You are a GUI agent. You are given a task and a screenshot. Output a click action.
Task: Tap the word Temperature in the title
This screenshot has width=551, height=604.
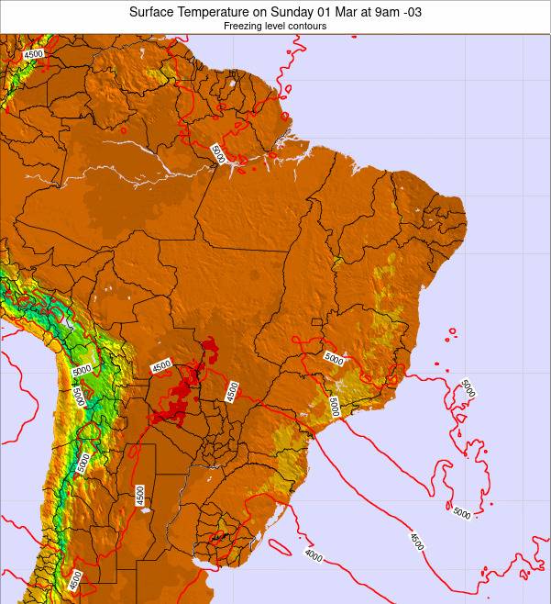[219, 13]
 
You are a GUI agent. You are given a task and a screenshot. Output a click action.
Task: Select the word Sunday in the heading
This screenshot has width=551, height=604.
[300, 13]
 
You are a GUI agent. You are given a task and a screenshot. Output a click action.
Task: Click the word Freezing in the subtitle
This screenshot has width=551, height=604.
[243, 27]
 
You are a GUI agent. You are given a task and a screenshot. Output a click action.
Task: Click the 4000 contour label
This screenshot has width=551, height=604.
[313, 554]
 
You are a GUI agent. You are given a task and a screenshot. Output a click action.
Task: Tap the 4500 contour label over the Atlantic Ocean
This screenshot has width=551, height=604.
[416, 542]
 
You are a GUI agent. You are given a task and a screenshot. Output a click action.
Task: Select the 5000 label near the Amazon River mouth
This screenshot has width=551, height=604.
[217, 154]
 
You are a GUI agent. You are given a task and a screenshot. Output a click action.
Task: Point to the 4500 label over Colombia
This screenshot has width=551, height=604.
[34, 54]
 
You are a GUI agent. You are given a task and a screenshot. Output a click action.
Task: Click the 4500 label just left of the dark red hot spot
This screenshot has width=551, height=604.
[161, 365]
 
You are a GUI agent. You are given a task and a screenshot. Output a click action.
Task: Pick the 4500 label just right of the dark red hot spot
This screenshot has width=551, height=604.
[232, 390]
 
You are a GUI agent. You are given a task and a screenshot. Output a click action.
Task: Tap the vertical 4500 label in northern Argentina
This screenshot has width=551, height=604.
[139, 495]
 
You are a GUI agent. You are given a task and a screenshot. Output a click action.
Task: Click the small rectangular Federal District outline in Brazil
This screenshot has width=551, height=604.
[316, 321]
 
